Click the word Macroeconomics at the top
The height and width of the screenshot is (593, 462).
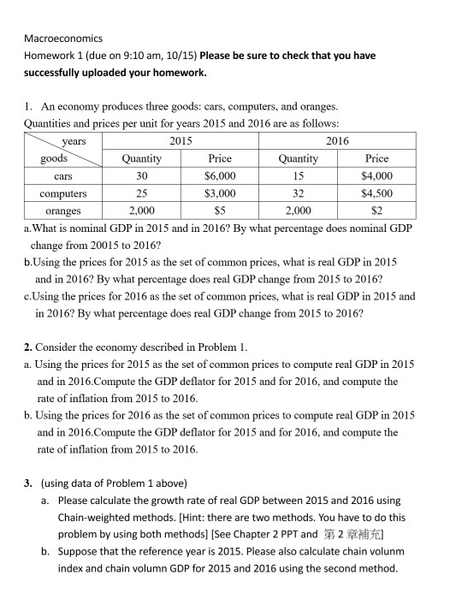62,39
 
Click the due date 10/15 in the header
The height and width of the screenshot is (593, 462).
180,56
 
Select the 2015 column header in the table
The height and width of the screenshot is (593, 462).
181,140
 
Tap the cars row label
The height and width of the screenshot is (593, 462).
62,176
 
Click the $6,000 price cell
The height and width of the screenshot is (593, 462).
220,176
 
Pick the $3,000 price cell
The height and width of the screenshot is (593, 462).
220,193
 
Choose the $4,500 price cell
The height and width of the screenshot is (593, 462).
376,193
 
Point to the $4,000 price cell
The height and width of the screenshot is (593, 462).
376,176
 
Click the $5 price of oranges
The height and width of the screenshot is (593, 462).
220,211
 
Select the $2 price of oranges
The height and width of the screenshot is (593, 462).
376,211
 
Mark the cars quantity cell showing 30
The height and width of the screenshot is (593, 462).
142,176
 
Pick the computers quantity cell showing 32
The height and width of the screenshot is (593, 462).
299,193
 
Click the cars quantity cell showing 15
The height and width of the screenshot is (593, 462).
299,176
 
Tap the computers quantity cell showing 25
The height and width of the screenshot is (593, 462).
142,193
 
